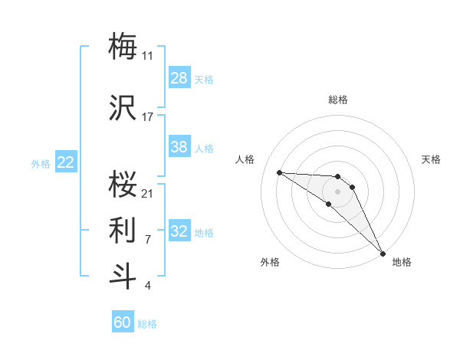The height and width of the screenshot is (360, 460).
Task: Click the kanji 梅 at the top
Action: coord(123,45)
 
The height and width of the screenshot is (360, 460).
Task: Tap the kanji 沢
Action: coord(123,108)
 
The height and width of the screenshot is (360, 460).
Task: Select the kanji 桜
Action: coord(123,183)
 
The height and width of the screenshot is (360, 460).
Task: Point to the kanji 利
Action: coord(123,229)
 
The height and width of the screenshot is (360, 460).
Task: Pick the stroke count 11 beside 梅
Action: coord(148,55)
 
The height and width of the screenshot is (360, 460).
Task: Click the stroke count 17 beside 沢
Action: coord(148,117)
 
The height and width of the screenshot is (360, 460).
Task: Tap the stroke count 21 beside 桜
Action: coord(148,193)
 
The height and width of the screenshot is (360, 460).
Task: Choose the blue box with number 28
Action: coord(179,78)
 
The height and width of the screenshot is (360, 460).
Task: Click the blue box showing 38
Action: coord(179,147)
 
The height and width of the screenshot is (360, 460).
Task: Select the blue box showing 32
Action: coord(179,231)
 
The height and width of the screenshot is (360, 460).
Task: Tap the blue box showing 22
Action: coord(66,162)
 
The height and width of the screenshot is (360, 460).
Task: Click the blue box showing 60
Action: coord(123,322)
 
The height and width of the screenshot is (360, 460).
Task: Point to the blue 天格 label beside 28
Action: coord(204,79)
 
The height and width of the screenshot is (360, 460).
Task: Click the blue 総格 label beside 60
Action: coord(147,324)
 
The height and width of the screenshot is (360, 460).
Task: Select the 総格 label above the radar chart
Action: coord(338,100)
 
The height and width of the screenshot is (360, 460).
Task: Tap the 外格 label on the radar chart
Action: coord(269,262)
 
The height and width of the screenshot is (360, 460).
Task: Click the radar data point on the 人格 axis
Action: coord(279,172)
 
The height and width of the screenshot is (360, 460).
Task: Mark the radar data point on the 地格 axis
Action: coord(382,252)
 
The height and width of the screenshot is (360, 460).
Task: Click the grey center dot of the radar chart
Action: coord(337,191)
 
